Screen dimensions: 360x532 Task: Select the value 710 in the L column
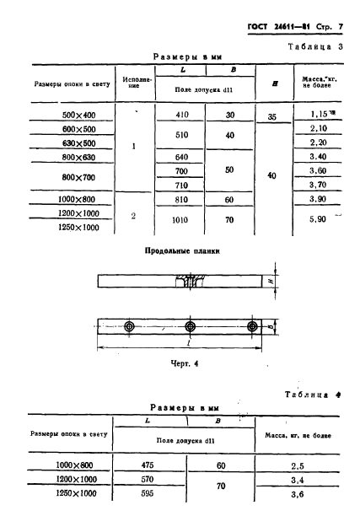coord(180,185)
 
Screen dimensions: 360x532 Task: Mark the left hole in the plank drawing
coord(128,327)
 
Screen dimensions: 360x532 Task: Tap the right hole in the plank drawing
coord(251,327)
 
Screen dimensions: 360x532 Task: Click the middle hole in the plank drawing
coord(191,327)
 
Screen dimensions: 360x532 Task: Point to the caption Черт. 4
coord(175,363)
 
